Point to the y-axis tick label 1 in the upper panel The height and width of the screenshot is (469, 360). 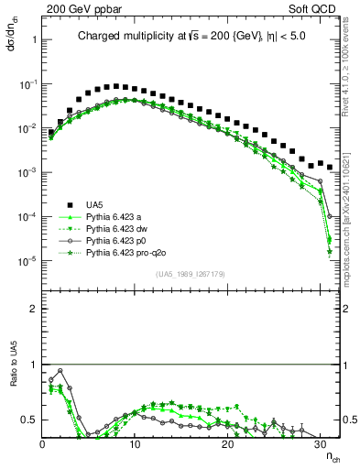tap(33, 39)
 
